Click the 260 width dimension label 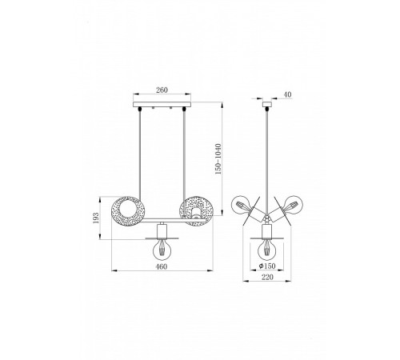162,90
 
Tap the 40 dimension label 288,94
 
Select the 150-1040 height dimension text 218,159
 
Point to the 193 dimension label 96,218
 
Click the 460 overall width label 162,266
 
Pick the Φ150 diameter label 267,266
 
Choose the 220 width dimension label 267,277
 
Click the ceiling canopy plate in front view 162,104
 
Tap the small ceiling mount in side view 267,104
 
